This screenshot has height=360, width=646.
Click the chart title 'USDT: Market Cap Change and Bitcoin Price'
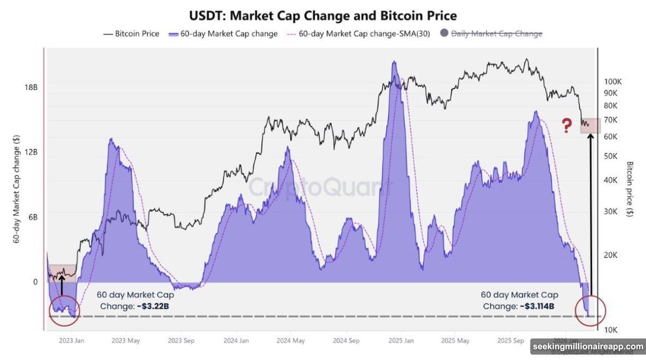322,15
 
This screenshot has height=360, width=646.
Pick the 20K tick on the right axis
612,255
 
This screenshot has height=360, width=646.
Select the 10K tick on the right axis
612,329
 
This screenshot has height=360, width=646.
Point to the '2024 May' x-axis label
291,341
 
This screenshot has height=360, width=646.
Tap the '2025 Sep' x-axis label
510,341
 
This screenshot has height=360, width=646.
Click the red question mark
566,126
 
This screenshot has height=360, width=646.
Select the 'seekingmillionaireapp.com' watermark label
587,346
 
